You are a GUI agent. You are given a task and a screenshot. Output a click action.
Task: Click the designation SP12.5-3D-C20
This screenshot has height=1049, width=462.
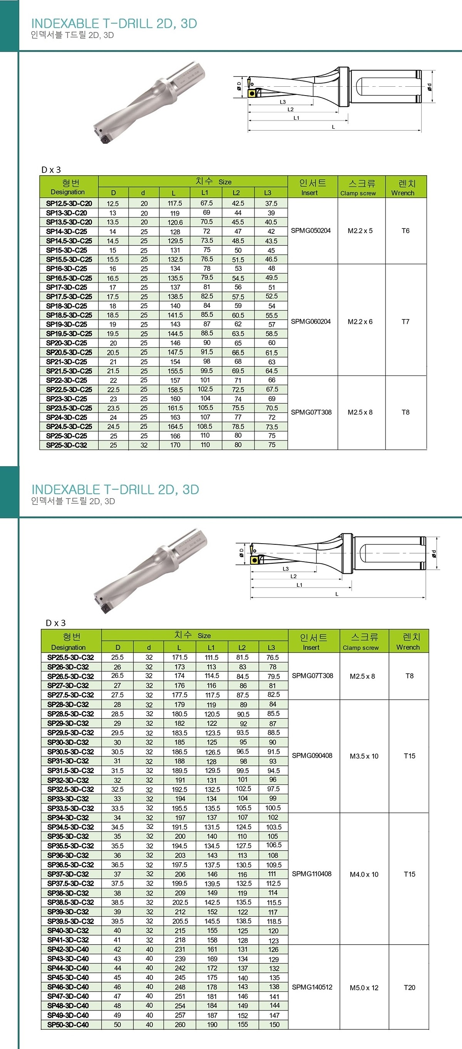[x=69, y=203]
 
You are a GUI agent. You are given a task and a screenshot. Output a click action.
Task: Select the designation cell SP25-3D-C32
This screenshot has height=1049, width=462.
[x=66, y=445]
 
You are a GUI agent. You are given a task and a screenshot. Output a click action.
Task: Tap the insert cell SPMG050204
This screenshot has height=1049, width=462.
[x=311, y=231]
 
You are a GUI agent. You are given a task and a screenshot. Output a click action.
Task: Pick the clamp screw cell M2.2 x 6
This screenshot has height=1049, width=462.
[x=360, y=322]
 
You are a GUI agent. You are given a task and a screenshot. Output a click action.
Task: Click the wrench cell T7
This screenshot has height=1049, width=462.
[x=405, y=322]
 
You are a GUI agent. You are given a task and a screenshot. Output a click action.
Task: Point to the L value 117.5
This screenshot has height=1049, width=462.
[x=175, y=203]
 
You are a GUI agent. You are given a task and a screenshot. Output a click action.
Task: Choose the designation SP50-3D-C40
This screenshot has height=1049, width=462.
[x=68, y=1025]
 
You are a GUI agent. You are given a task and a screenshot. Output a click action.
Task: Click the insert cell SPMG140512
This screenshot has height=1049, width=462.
[x=312, y=987]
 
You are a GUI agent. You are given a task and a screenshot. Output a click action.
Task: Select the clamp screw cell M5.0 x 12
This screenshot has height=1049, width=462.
[x=364, y=987]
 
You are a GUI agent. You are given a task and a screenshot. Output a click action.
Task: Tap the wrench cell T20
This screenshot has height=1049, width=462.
[x=410, y=987]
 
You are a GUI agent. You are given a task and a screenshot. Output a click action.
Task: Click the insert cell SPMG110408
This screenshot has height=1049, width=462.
[x=312, y=873]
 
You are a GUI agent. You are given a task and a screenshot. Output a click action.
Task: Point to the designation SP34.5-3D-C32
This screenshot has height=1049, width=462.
[x=70, y=827]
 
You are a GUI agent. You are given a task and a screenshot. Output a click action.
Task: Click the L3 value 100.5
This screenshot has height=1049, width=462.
[x=273, y=808]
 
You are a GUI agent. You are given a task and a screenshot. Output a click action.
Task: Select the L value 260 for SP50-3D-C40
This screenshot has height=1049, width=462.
[x=180, y=1025]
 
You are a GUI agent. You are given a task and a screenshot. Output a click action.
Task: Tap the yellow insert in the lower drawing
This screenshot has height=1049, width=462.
[x=255, y=561]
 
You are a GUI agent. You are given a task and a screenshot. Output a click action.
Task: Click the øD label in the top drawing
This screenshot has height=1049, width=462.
[x=239, y=85]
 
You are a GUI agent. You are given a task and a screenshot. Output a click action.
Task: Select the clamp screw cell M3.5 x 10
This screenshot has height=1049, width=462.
[x=364, y=756]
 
